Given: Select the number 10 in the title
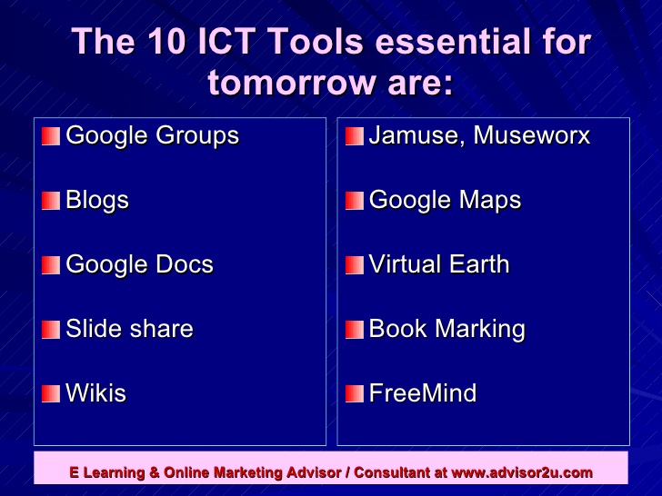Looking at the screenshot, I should (x=173, y=43).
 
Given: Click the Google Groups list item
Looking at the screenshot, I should (x=152, y=136).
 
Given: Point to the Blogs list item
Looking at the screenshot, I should (x=97, y=200).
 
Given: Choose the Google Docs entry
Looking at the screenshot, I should (x=139, y=264).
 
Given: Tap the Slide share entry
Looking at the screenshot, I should (x=129, y=329).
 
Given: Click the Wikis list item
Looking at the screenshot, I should (x=95, y=393).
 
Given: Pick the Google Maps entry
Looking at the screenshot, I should (x=445, y=200).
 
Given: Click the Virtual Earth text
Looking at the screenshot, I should (x=438, y=264).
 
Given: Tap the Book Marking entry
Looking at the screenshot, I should (x=446, y=329).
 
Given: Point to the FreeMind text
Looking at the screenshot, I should (x=422, y=393).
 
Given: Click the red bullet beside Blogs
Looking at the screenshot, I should (x=51, y=201).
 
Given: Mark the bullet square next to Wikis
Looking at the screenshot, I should (x=51, y=394).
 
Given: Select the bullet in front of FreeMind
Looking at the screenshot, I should (x=354, y=394).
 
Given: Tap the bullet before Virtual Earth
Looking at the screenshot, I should (x=354, y=265).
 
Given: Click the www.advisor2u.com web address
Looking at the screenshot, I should (x=522, y=472).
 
